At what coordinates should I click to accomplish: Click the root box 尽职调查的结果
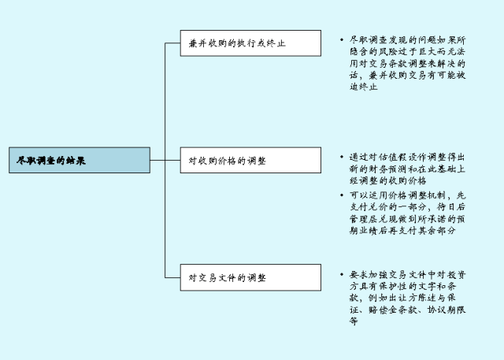79,160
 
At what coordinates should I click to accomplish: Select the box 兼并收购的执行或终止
250,43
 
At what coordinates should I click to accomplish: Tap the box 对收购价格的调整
250,160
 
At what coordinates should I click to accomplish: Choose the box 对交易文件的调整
250,277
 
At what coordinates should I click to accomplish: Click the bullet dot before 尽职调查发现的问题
341,39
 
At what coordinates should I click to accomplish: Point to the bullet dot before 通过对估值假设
341,157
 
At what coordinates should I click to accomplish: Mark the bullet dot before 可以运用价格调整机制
341,195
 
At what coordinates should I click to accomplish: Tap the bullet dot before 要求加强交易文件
341,275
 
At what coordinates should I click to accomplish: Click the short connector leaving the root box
157,160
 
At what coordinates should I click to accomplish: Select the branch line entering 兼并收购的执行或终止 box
172,43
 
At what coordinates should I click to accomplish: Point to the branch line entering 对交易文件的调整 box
172,277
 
